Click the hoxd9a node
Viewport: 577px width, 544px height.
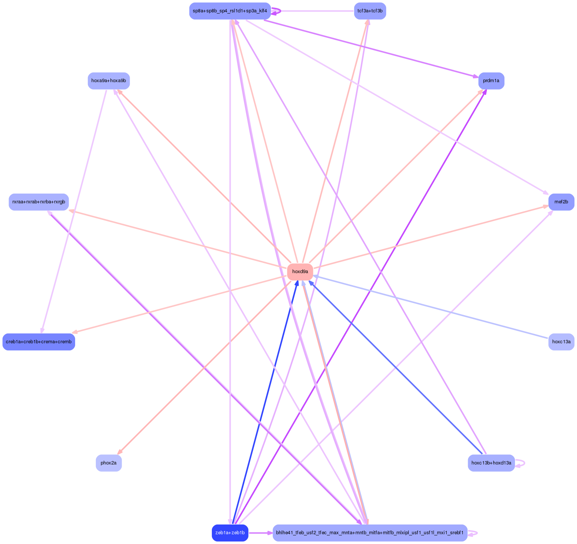(x=300, y=272)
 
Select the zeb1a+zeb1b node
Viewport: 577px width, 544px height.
(x=230, y=533)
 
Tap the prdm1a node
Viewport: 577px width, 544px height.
(x=491, y=81)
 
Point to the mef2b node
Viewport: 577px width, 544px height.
(x=561, y=202)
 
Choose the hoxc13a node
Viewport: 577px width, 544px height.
(x=561, y=342)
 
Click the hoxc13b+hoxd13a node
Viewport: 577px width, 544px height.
(x=491, y=463)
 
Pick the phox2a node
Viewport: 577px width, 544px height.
(x=109, y=463)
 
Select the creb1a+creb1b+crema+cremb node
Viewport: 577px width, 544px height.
(x=39, y=342)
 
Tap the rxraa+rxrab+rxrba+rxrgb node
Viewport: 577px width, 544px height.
(x=39, y=202)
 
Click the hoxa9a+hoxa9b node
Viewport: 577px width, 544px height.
(x=109, y=81)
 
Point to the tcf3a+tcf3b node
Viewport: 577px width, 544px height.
(x=370, y=11)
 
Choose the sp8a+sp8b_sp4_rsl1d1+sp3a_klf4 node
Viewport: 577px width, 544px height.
(x=230, y=11)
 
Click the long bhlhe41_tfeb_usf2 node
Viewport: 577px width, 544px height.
(x=370, y=533)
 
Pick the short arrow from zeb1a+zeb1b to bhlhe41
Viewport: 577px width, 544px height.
(x=260, y=533)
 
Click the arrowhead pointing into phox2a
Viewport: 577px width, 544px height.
(x=120, y=452)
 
